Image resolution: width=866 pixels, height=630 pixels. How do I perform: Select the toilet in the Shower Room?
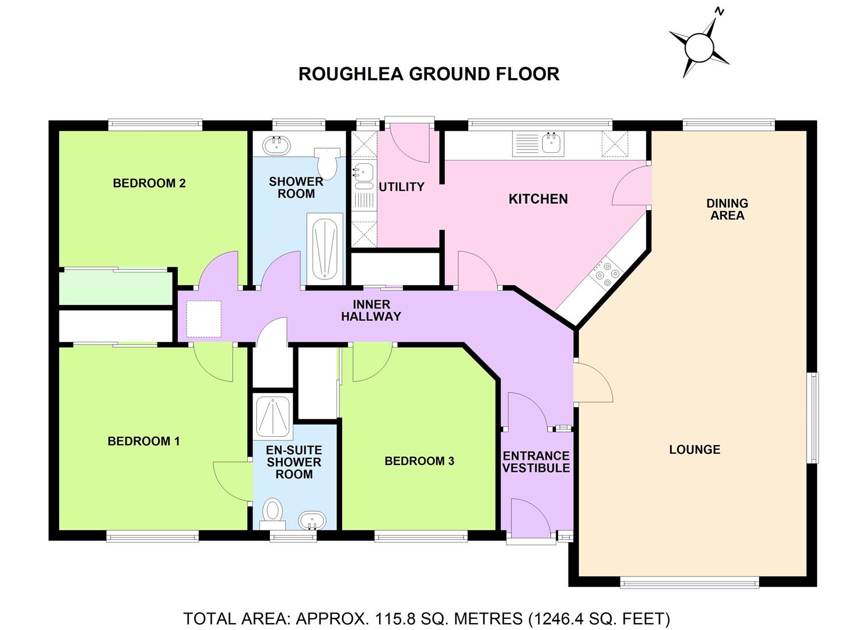pos(327,163)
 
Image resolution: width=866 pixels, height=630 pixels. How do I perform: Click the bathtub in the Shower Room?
pos(325,246)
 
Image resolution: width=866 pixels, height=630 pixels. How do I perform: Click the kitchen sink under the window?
pos(550,143)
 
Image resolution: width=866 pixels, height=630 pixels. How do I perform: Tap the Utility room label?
pos(401,187)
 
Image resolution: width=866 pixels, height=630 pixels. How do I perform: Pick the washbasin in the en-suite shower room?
pos(313,520)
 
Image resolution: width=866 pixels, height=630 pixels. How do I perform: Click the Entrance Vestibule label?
pos(536,462)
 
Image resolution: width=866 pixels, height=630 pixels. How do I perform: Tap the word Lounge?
pos(695,449)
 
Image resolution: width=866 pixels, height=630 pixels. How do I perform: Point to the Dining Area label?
pos(727,209)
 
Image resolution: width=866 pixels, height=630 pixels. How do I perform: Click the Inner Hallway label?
pos(371,310)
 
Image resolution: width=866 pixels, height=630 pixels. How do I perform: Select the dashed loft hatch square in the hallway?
pos(204,320)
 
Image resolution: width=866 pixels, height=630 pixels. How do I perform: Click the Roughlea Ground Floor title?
pos(429,74)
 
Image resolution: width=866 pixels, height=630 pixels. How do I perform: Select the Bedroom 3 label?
pos(419,461)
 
